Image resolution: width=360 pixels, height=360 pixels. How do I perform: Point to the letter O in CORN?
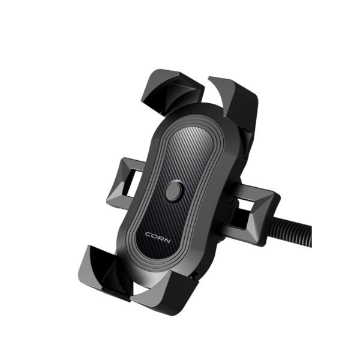[153, 235]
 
